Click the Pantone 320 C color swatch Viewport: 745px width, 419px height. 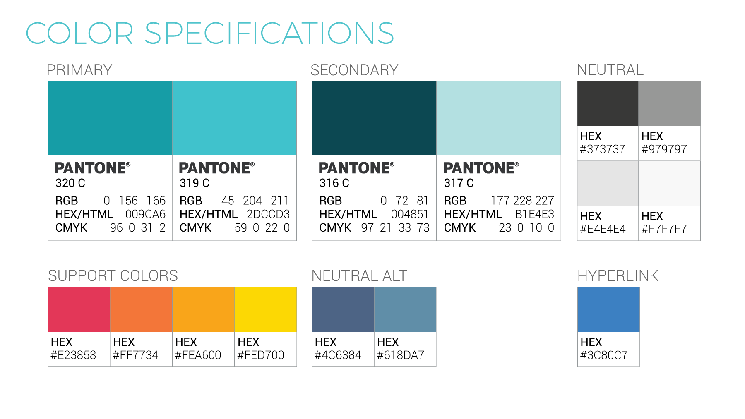tap(110, 118)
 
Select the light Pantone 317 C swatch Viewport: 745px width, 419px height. tap(499, 118)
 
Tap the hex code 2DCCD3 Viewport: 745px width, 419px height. tap(268, 214)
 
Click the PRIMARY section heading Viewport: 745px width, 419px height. tap(79, 70)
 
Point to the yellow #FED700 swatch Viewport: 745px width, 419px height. tap(266, 309)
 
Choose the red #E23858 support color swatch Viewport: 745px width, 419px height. tap(79, 309)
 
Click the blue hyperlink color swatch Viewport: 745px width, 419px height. tap(608, 309)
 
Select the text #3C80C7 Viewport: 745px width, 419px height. tap(604, 355)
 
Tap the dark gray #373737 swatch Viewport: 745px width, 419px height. tap(608, 103)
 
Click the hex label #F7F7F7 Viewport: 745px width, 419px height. tap(664, 229)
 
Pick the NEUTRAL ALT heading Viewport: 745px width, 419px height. tap(359, 275)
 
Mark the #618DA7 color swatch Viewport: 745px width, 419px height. tap(405, 309)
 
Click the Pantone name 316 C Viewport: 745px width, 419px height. tap(334, 183)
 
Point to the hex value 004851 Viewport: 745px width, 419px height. tap(410, 214)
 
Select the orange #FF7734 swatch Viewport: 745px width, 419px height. tap(141, 309)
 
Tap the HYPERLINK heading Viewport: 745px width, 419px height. tap(618, 275)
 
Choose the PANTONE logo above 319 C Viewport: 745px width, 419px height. tap(217, 168)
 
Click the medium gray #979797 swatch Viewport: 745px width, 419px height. tap(670, 103)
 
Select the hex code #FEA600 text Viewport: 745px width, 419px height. tap(198, 355)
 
